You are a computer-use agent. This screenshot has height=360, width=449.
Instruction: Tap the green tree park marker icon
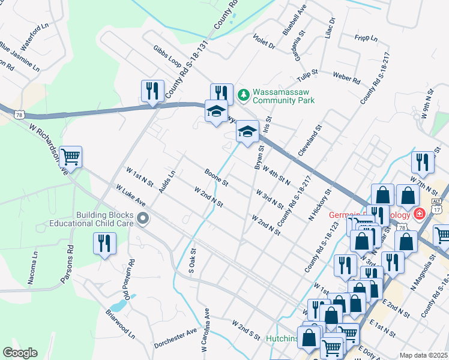tap(243, 94)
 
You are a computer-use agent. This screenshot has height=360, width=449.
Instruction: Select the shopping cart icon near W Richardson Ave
tap(71, 157)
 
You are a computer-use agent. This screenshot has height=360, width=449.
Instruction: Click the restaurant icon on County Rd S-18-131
tap(152, 91)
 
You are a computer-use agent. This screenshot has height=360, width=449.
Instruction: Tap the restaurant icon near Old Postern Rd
tap(105, 244)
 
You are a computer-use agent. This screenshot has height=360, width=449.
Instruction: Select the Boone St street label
tap(217, 177)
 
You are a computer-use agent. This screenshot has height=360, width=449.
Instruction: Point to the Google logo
tap(20, 352)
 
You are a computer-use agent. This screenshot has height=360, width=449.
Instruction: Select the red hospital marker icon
tap(419, 214)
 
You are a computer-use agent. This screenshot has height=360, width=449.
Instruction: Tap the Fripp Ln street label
tap(366, 38)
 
